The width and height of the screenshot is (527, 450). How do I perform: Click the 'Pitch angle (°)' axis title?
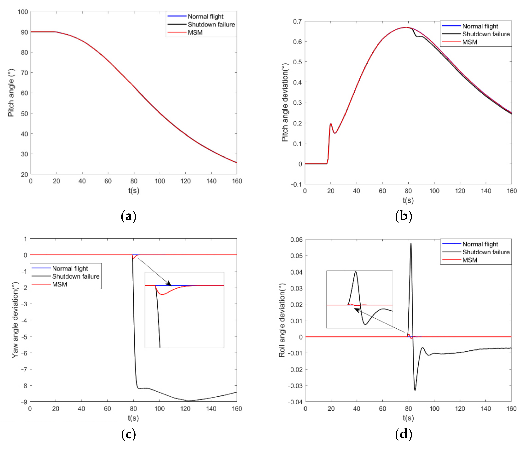11,93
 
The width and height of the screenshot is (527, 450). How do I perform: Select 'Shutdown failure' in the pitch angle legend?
211,24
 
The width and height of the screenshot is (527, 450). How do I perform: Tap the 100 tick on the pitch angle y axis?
23,12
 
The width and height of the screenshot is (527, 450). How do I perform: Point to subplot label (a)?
129,216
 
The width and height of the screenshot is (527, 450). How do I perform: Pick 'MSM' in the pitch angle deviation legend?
470,42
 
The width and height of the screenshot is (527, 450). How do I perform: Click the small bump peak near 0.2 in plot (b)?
331,124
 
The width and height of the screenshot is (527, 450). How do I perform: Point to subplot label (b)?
403,216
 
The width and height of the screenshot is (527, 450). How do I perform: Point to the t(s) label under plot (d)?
408,418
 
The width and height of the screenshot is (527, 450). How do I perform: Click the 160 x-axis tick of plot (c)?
237,408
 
